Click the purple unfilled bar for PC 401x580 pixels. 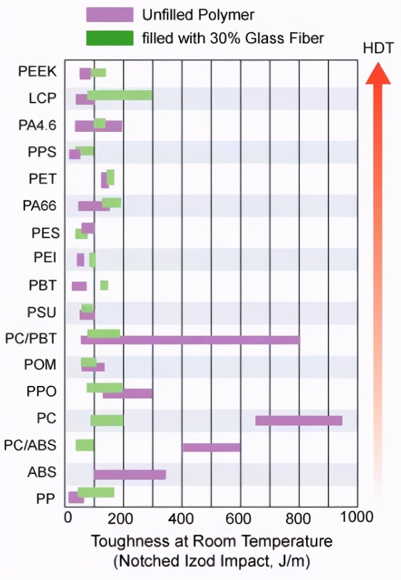[x=299, y=420]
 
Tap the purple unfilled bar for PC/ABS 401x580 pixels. [x=211, y=447]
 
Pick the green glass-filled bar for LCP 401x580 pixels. [x=120, y=95]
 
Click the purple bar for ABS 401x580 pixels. [x=130, y=474]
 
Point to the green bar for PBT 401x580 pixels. [x=104, y=285]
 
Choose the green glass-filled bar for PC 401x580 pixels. [x=107, y=420]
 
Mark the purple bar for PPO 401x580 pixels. [x=128, y=393]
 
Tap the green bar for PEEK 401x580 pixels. [x=99, y=72]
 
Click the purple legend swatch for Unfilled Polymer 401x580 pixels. [x=109, y=15]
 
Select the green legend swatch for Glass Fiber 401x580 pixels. [x=109, y=38]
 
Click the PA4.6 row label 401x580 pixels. [x=38, y=125]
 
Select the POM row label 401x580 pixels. [x=40, y=366]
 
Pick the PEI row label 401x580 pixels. [x=44, y=258]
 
